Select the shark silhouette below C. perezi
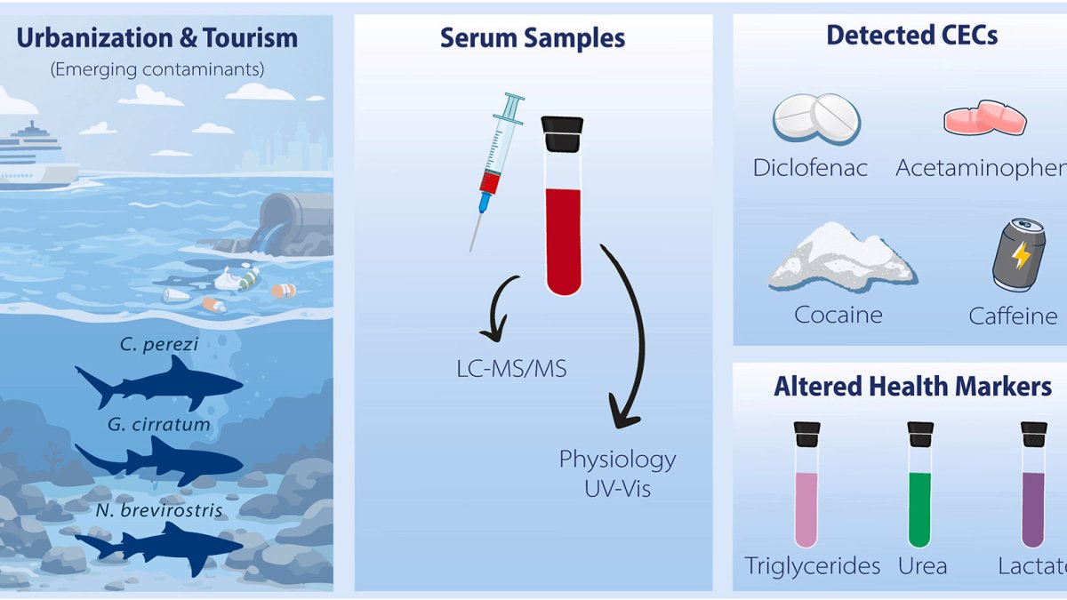(x=160, y=384)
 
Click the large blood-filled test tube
(x=562, y=209)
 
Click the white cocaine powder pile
(x=840, y=258)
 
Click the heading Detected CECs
(x=911, y=36)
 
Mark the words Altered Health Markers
(x=912, y=387)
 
